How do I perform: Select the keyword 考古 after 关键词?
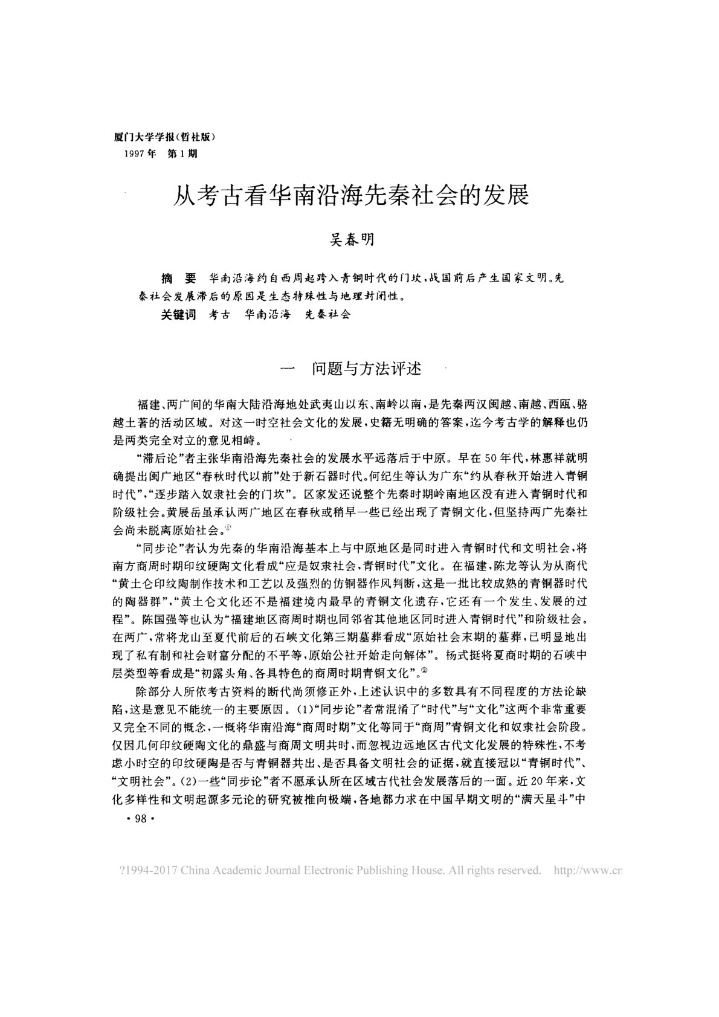219,315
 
